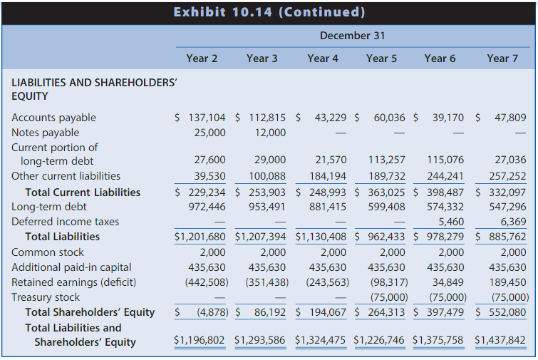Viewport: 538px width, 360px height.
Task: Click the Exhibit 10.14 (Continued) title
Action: pos(269,12)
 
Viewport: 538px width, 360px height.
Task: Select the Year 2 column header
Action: pos(202,58)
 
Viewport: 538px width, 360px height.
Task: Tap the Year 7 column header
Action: pos(502,58)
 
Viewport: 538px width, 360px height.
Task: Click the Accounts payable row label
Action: pos(53,118)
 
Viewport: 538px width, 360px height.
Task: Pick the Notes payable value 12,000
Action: pos(270,133)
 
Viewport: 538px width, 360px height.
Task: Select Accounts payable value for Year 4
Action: pos(330,118)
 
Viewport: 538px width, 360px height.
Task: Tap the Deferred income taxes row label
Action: pos(65,222)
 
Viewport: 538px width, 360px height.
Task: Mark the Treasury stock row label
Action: pos(46,297)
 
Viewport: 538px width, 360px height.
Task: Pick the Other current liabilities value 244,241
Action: pos(447,176)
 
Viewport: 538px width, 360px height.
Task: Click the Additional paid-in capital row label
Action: pos(71,267)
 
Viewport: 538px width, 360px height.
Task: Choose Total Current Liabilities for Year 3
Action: pos(262,192)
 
